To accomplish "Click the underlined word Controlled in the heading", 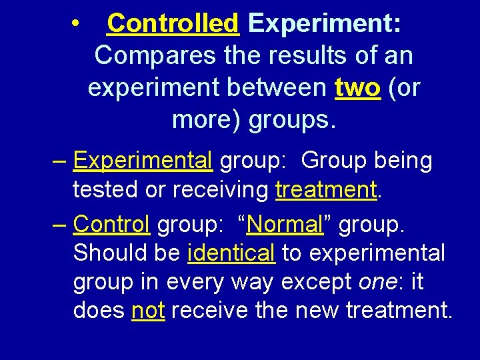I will [x=173, y=24].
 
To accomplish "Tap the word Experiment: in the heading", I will [x=325, y=24].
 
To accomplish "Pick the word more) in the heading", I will [x=207, y=120].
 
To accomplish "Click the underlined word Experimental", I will [x=143, y=160].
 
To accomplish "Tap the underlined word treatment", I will [x=327, y=190].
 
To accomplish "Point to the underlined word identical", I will [x=231, y=253].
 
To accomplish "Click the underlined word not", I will [x=148, y=311].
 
